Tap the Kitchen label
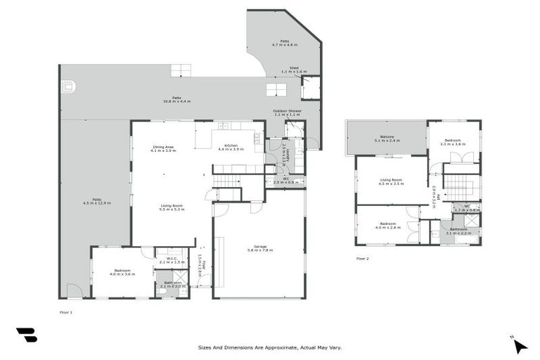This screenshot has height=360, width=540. pos(231,146)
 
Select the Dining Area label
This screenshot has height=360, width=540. pos(164,146)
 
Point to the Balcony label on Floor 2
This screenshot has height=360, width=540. pos(387,136)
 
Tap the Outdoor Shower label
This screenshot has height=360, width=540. pos(286,111)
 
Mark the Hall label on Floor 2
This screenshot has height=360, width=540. pos(435,196)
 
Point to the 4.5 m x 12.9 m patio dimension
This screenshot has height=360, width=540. pos(96,203)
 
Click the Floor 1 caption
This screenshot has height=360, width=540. pos(66,311)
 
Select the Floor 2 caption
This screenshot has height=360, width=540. pos(362,258)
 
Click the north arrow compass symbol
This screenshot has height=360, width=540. pos(519,345)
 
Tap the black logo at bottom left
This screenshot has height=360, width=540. pos(27,335)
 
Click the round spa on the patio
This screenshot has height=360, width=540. pos(69,86)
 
